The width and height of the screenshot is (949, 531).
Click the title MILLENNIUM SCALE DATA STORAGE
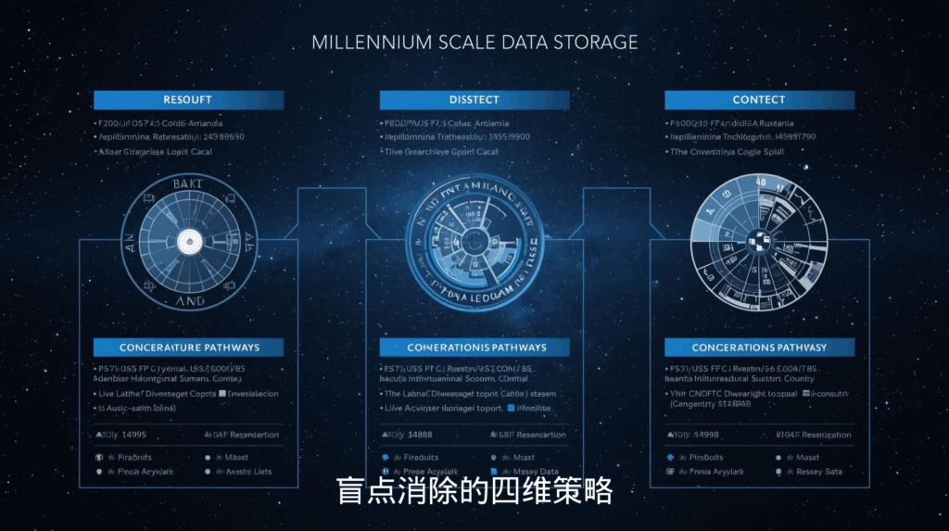474,43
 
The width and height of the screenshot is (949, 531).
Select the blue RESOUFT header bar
188,100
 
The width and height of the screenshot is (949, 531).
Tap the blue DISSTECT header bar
474,100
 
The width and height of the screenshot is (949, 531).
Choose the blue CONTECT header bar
759,100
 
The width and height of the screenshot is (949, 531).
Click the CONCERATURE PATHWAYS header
188,348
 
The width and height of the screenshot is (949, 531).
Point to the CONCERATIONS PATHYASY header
759,348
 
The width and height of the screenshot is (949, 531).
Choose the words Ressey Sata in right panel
818,472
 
